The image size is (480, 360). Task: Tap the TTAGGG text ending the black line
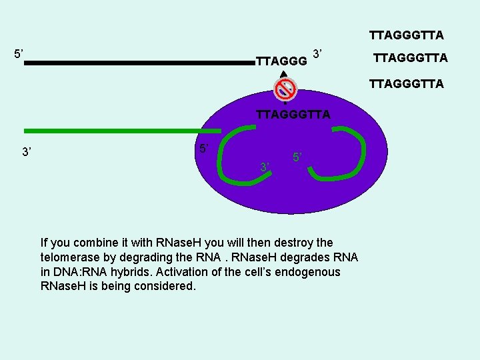tap(281, 61)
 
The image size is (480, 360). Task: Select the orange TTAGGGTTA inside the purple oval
tap(293, 114)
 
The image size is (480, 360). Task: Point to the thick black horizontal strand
tap(140, 63)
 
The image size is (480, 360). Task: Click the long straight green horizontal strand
tap(120, 131)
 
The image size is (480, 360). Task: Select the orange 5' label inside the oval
tap(297, 157)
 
